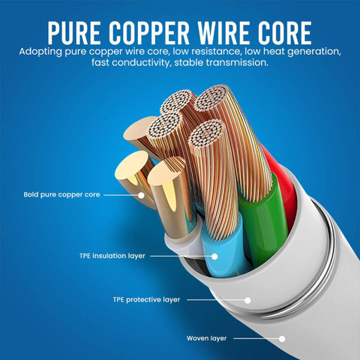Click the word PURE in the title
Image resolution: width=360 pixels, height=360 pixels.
[74, 33]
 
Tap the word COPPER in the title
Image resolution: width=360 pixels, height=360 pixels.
[149, 33]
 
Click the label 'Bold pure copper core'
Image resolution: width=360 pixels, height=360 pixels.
[61, 195]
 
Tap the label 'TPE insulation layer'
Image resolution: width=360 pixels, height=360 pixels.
[112, 256]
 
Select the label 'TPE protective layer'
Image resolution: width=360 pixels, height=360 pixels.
[146, 300]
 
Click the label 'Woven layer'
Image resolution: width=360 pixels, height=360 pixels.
[206, 338]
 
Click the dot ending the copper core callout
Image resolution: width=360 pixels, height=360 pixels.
[141, 195]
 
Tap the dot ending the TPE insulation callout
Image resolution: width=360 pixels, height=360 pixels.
[214, 256]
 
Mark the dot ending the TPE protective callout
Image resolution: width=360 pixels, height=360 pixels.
[247, 300]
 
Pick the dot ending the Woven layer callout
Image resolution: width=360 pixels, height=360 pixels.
[282, 339]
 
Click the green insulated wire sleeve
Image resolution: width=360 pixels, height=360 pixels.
[262, 220]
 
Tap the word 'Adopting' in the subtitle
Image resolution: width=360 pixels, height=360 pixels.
[40, 52]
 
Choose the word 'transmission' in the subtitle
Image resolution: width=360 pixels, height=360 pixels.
[237, 62]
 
